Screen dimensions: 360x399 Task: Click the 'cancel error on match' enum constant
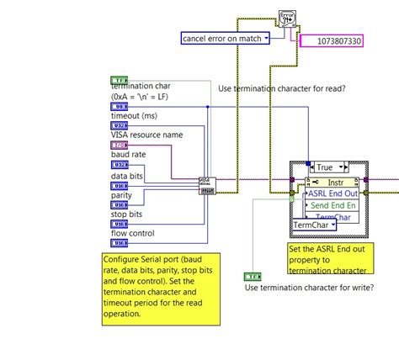[x=225, y=38]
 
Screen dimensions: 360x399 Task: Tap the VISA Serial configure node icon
[x=206, y=185]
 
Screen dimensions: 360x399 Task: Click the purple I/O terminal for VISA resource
[x=120, y=145]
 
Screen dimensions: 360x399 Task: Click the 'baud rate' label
[x=130, y=155]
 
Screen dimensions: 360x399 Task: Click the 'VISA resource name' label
[x=147, y=135]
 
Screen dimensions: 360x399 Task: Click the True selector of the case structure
[x=323, y=167]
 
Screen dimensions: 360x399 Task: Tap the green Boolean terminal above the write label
[x=253, y=275]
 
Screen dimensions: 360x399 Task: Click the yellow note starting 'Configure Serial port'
[x=160, y=289]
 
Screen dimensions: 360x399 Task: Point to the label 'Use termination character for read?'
[x=283, y=88]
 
